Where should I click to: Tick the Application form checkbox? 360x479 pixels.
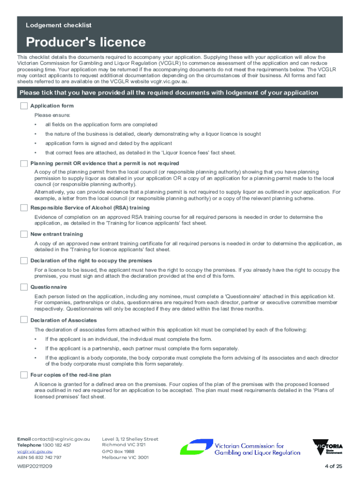(x=24, y=106)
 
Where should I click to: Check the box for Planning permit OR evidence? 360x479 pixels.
(x=24, y=163)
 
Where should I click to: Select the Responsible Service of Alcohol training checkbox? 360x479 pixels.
(x=24, y=208)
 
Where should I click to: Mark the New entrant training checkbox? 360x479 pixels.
(x=24, y=234)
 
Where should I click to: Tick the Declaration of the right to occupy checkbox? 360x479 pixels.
(x=24, y=261)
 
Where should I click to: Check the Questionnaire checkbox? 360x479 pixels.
(x=24, y=287)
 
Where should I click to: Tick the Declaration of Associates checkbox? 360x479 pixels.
(x=24, y=320)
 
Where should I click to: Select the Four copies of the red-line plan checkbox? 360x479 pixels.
(x=24, y=375)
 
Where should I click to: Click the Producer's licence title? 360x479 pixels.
(x=86, y=43)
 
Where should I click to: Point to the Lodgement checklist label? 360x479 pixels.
(x=58, y=25)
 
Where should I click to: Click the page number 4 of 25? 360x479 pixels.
(x=333, y=467)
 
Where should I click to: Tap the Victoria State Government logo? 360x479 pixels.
(x=328, y=447)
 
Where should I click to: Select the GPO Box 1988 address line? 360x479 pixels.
(x=118, y=451)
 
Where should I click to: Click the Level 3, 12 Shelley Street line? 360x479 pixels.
(x=130, y=439)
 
